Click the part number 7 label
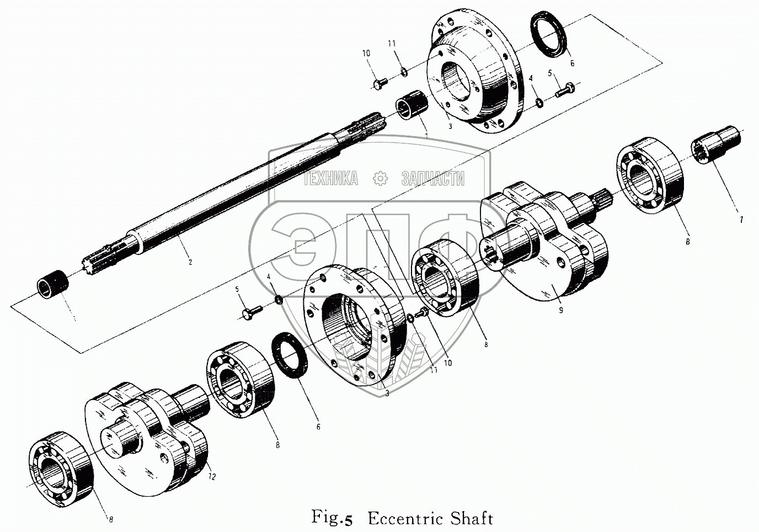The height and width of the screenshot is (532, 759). point(741,220)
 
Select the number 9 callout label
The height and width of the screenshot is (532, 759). point(560,311)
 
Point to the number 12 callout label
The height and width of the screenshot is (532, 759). point(213,475)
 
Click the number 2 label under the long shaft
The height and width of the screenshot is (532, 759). point(190,262)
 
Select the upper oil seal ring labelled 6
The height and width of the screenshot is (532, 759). point(549,35)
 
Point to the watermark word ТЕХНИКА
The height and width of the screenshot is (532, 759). point(330,178)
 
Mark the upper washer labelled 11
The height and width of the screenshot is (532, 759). point(404,70)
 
